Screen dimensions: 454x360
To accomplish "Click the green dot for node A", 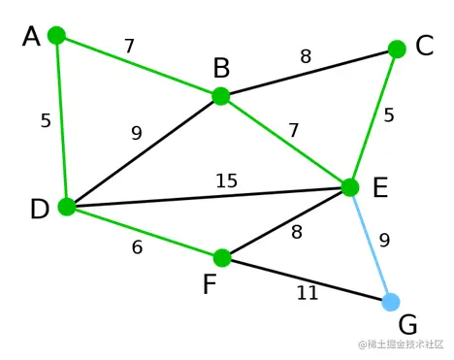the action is [x=56, y=35].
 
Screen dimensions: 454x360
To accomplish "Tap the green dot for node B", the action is [x=220, y=96].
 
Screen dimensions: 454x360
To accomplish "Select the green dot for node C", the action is [x=397, y=49].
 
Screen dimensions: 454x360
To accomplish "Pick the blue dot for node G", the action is [x=391, y=302].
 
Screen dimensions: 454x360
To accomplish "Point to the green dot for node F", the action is [x=222, y=258].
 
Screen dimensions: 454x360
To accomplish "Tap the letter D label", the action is [x=39, y=210].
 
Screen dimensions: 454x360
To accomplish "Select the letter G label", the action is [x=408, y=324].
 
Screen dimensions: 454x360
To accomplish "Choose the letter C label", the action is [x=425, y=46].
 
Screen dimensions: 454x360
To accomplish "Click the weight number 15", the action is [x=226, y=180].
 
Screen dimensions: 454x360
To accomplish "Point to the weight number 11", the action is [x=307, y=292].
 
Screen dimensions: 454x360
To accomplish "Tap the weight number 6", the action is [x=137, y=247].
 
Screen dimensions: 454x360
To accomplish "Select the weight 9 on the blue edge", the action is [x=384, y=240].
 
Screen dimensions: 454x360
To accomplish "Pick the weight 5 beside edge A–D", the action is [x=46, y=121].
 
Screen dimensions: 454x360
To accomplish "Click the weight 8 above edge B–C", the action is [x=306, y=56].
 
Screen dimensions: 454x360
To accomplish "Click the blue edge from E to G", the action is [x=371, y=245].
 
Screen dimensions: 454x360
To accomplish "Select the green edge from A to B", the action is [x=138, y=65].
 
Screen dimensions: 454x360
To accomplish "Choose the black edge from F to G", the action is [x=307, y=279].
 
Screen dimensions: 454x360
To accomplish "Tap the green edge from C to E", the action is [x=373, y=117].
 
